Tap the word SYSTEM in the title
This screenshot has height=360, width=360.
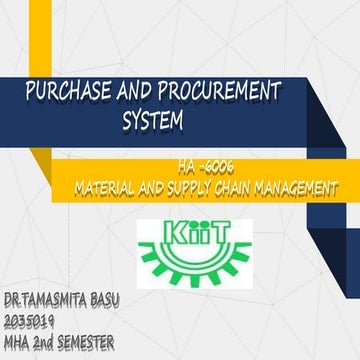(x=154, y=123)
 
